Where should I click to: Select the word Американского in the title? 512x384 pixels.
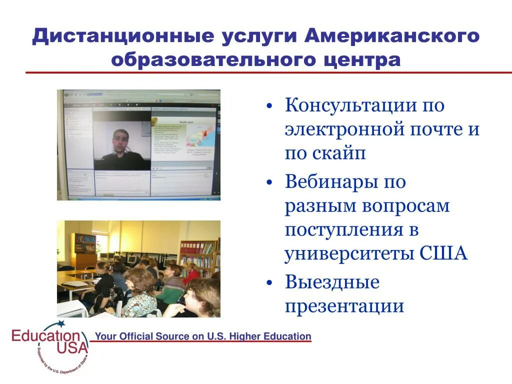click(x=392, y=37)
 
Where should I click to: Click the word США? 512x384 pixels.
click(x=443, y=253)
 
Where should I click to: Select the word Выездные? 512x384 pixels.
click(x=332, y=282)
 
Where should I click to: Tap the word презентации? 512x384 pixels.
click(x=344, y=305)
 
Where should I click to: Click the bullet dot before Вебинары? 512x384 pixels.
click(x=269, y=183)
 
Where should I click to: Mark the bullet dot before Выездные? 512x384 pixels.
click(x=269, y=283)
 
